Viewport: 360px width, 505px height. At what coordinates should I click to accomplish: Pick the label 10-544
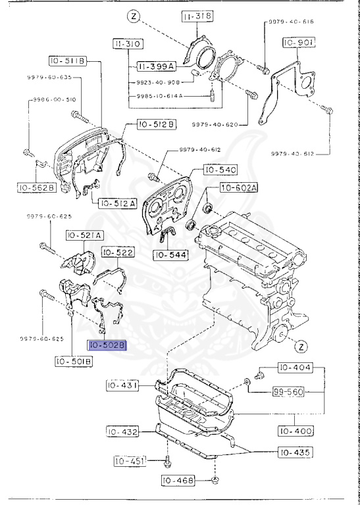(x=170, y=254)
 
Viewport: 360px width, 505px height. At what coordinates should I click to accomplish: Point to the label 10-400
(x=294, y=431)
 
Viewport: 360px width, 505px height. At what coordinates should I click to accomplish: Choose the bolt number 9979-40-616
(x=290, y=22)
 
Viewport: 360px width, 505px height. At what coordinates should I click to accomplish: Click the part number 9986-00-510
(x=51, y=100)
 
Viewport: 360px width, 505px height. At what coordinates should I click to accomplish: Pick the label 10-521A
(x=83, y=235)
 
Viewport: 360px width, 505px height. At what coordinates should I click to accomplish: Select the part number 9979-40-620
(x=215, y=124)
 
